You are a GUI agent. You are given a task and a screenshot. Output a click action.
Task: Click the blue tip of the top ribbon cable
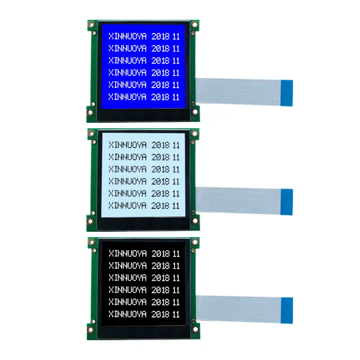287,93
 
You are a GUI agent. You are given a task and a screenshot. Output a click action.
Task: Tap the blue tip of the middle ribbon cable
287,202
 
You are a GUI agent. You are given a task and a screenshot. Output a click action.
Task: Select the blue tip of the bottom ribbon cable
287,310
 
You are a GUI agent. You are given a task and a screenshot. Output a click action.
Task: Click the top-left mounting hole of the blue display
91,24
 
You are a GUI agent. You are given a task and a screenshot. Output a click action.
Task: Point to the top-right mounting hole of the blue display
195,24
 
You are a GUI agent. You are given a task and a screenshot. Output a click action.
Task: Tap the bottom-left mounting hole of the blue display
90,112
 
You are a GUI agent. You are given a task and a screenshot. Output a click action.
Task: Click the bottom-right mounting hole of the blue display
195,112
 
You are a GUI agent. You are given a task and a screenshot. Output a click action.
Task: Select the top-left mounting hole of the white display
91,133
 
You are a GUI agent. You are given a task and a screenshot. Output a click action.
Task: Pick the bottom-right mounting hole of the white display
195,221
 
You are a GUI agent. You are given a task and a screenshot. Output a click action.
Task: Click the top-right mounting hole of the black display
195,242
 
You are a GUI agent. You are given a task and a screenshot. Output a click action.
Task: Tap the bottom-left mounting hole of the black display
90,330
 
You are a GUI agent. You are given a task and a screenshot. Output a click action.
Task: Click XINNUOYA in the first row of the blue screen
128,36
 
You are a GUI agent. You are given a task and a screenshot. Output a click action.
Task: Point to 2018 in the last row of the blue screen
161,97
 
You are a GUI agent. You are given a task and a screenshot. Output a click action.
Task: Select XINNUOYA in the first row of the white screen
128,145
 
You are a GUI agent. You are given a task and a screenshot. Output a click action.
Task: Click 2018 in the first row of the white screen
161,145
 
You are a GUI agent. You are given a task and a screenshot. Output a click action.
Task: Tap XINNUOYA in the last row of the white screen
127,206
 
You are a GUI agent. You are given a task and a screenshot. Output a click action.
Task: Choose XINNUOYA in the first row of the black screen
128,253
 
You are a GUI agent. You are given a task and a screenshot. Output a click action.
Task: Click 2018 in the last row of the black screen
161,314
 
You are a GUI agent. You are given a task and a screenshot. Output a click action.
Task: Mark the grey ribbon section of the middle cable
238,201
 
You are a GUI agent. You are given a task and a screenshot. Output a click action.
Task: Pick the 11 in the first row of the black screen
176,254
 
